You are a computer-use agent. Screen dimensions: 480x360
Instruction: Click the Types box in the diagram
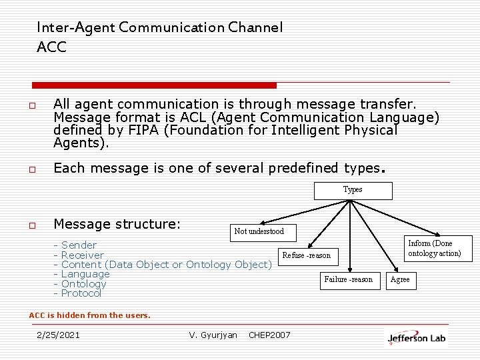353,190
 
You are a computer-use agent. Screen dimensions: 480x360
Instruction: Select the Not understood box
259,231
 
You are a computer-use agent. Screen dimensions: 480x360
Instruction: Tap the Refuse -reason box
306,255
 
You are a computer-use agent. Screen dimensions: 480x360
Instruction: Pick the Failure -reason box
348,280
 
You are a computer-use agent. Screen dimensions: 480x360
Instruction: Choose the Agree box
400,280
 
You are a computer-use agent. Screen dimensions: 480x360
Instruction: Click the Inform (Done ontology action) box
435,249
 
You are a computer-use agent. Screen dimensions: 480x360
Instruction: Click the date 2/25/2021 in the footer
58,335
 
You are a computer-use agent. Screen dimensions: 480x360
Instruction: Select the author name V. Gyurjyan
213,335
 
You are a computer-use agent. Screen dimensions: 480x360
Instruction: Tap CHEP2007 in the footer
269,335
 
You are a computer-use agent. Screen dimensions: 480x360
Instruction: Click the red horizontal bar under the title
154,85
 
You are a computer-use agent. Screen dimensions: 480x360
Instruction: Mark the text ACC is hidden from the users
89,315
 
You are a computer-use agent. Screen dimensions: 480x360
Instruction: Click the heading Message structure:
117,223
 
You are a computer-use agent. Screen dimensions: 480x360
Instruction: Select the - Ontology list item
80,284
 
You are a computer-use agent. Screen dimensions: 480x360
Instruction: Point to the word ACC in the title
52,48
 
